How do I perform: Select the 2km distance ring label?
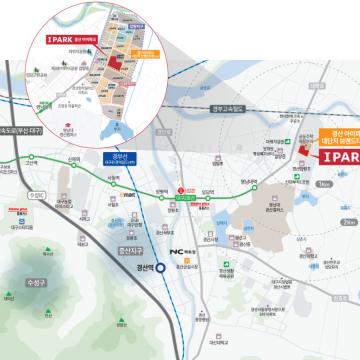pos(346,220)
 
